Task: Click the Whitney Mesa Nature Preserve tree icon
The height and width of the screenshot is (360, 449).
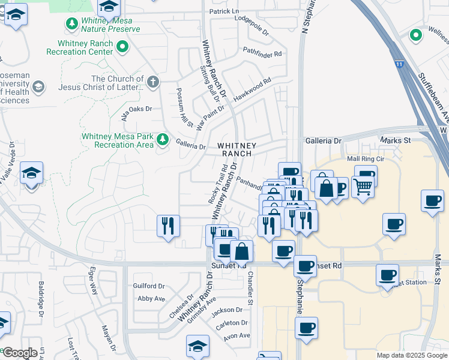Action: click(x=72, y=23)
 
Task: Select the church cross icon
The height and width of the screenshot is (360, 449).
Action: click(x=153, y=82)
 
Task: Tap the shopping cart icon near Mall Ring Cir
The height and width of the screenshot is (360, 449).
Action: click(x=363, y=187)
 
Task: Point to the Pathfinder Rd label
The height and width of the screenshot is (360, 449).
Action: click(x=262, y=53)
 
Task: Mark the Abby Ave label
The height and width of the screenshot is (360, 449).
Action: click(x=151, y=298)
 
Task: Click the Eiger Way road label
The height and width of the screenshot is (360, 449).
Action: click(x=94, y=280)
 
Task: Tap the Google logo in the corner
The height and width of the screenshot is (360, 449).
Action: click(x=20, y=353)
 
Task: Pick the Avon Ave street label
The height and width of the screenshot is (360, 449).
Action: click(x=236, y=335)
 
